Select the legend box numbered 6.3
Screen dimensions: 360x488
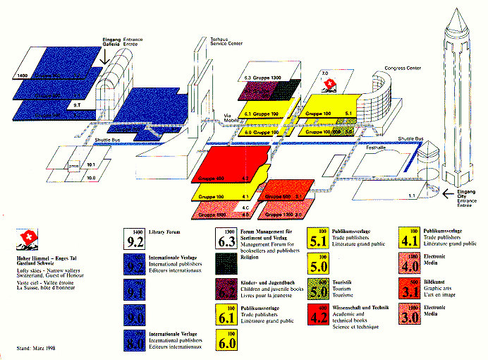point(226,240)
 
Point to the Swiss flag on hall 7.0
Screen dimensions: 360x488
point(329,85)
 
